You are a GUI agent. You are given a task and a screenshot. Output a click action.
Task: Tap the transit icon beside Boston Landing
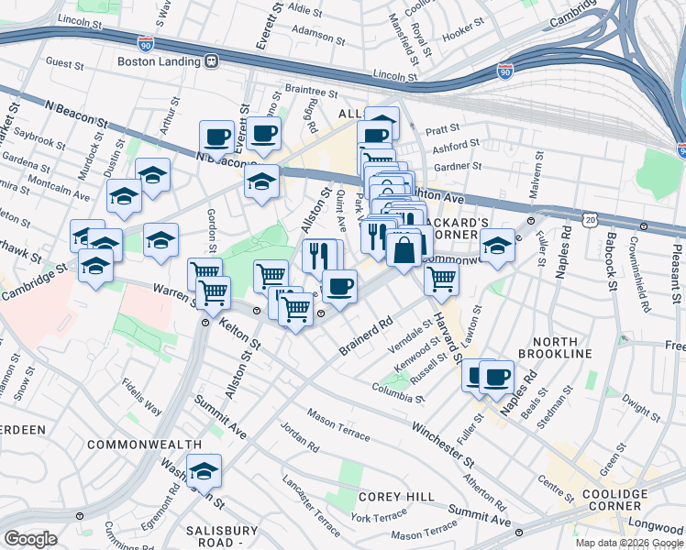tap(211, 61)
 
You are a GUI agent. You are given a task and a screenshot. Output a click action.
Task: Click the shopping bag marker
tap(404, 247)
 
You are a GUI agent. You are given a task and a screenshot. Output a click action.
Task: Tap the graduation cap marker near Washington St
tap(205, 471)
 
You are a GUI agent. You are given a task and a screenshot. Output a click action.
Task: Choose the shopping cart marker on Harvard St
tap(441, 280)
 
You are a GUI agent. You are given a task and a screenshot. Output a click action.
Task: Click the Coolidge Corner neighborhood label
tap(613, 500)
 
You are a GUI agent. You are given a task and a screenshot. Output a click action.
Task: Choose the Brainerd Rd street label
tap(365, 336)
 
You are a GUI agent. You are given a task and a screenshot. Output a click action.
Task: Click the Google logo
tap(30, 539)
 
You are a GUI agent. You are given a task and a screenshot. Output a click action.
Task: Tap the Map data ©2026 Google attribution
tap(628, 543)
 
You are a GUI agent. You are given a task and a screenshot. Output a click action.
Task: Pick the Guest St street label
tap(65, 64)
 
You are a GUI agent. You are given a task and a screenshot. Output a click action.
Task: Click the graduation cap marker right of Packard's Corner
tap(497, 246)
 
